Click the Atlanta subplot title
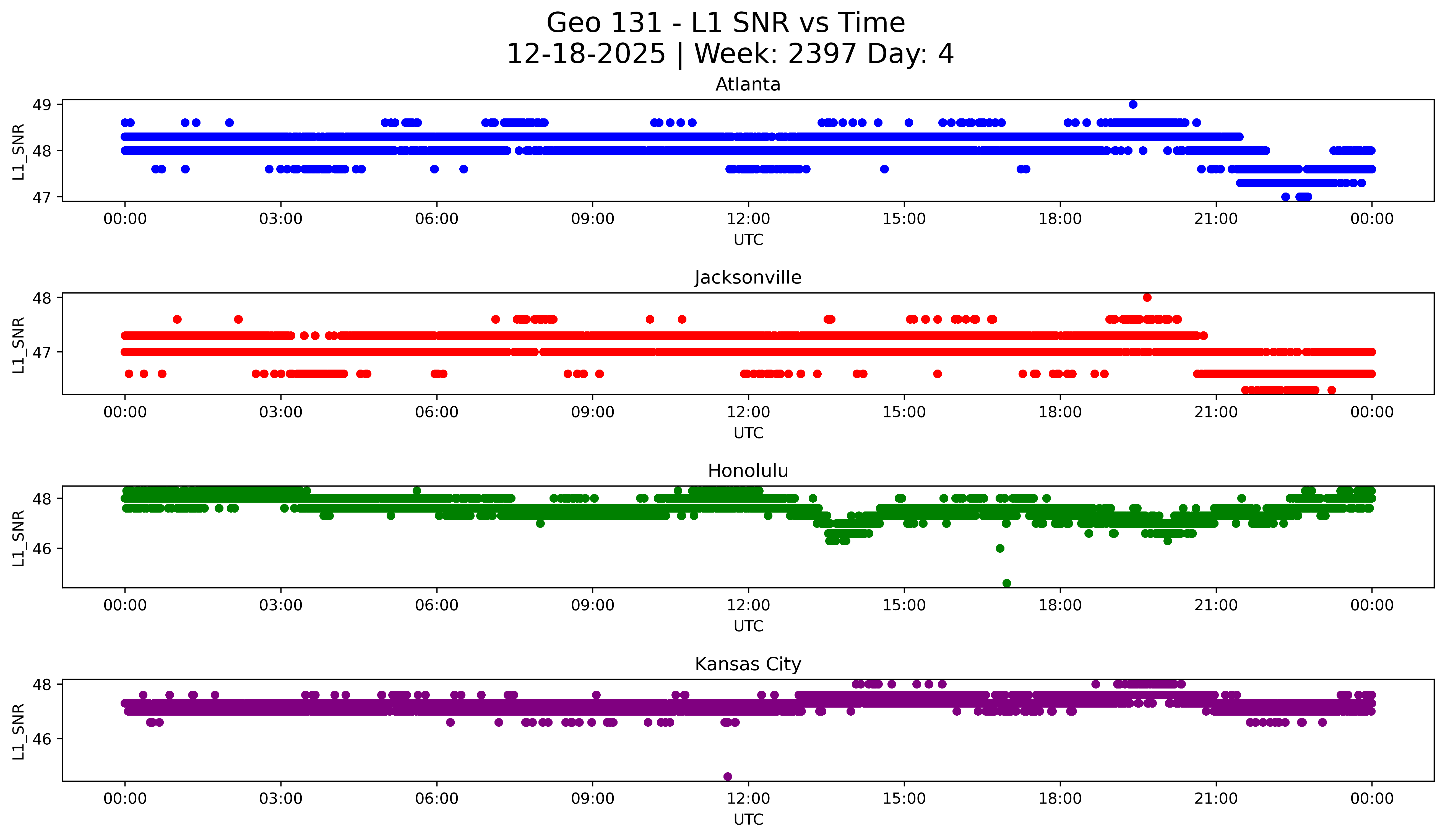pos(748,85)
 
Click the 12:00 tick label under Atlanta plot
pos(748,219)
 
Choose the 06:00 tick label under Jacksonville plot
pos(437,412)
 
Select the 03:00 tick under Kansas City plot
pos(281,799)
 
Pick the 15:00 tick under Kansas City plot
pos(904,799)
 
